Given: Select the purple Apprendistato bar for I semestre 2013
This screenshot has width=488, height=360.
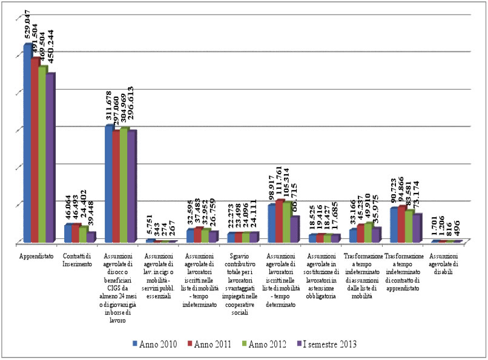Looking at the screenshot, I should click(x=50, y=157).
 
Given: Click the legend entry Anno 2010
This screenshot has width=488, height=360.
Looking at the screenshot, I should click(x=154, y=344).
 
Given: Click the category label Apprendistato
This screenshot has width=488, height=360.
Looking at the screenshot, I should click(x=37, y=256).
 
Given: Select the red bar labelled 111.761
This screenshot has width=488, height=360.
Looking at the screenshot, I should click(x=280, y=221).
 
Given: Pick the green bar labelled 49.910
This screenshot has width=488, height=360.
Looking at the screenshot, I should click(x=369, y=232).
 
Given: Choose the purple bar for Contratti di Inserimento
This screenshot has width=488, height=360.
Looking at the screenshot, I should click(x=91, y=237).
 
